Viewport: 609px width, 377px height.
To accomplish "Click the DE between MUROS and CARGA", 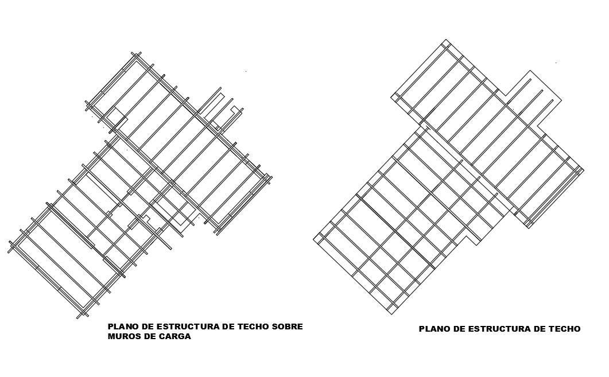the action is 146,337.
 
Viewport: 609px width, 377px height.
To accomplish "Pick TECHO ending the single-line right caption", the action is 565,329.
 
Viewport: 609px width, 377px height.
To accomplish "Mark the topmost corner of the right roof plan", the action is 447,40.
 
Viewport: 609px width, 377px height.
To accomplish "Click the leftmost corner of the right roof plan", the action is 313,239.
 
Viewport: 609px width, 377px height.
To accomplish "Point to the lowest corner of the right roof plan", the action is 391,314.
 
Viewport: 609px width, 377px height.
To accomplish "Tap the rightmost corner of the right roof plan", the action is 584,170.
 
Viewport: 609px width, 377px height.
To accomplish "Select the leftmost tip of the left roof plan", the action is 9,251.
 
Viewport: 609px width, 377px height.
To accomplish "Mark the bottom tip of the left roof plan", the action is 79,317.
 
